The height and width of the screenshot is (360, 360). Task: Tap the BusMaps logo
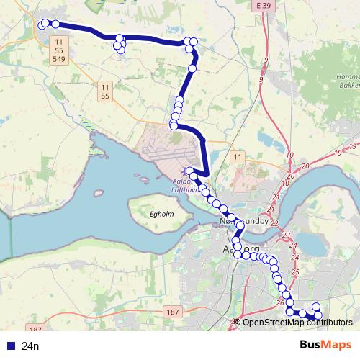[325, 346]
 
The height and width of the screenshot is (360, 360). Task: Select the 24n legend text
[31, 346]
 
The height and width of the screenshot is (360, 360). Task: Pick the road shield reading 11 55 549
[58, 53]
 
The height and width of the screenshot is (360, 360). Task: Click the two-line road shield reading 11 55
[105, 91]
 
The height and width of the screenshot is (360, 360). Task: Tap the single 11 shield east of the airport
[237, 156]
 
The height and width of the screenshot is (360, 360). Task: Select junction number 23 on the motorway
[285, 235]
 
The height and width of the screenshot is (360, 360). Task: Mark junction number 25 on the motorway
[295, 271]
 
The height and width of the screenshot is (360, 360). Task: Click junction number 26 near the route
[279, 302]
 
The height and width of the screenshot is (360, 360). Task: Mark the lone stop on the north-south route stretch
[192, 68]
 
